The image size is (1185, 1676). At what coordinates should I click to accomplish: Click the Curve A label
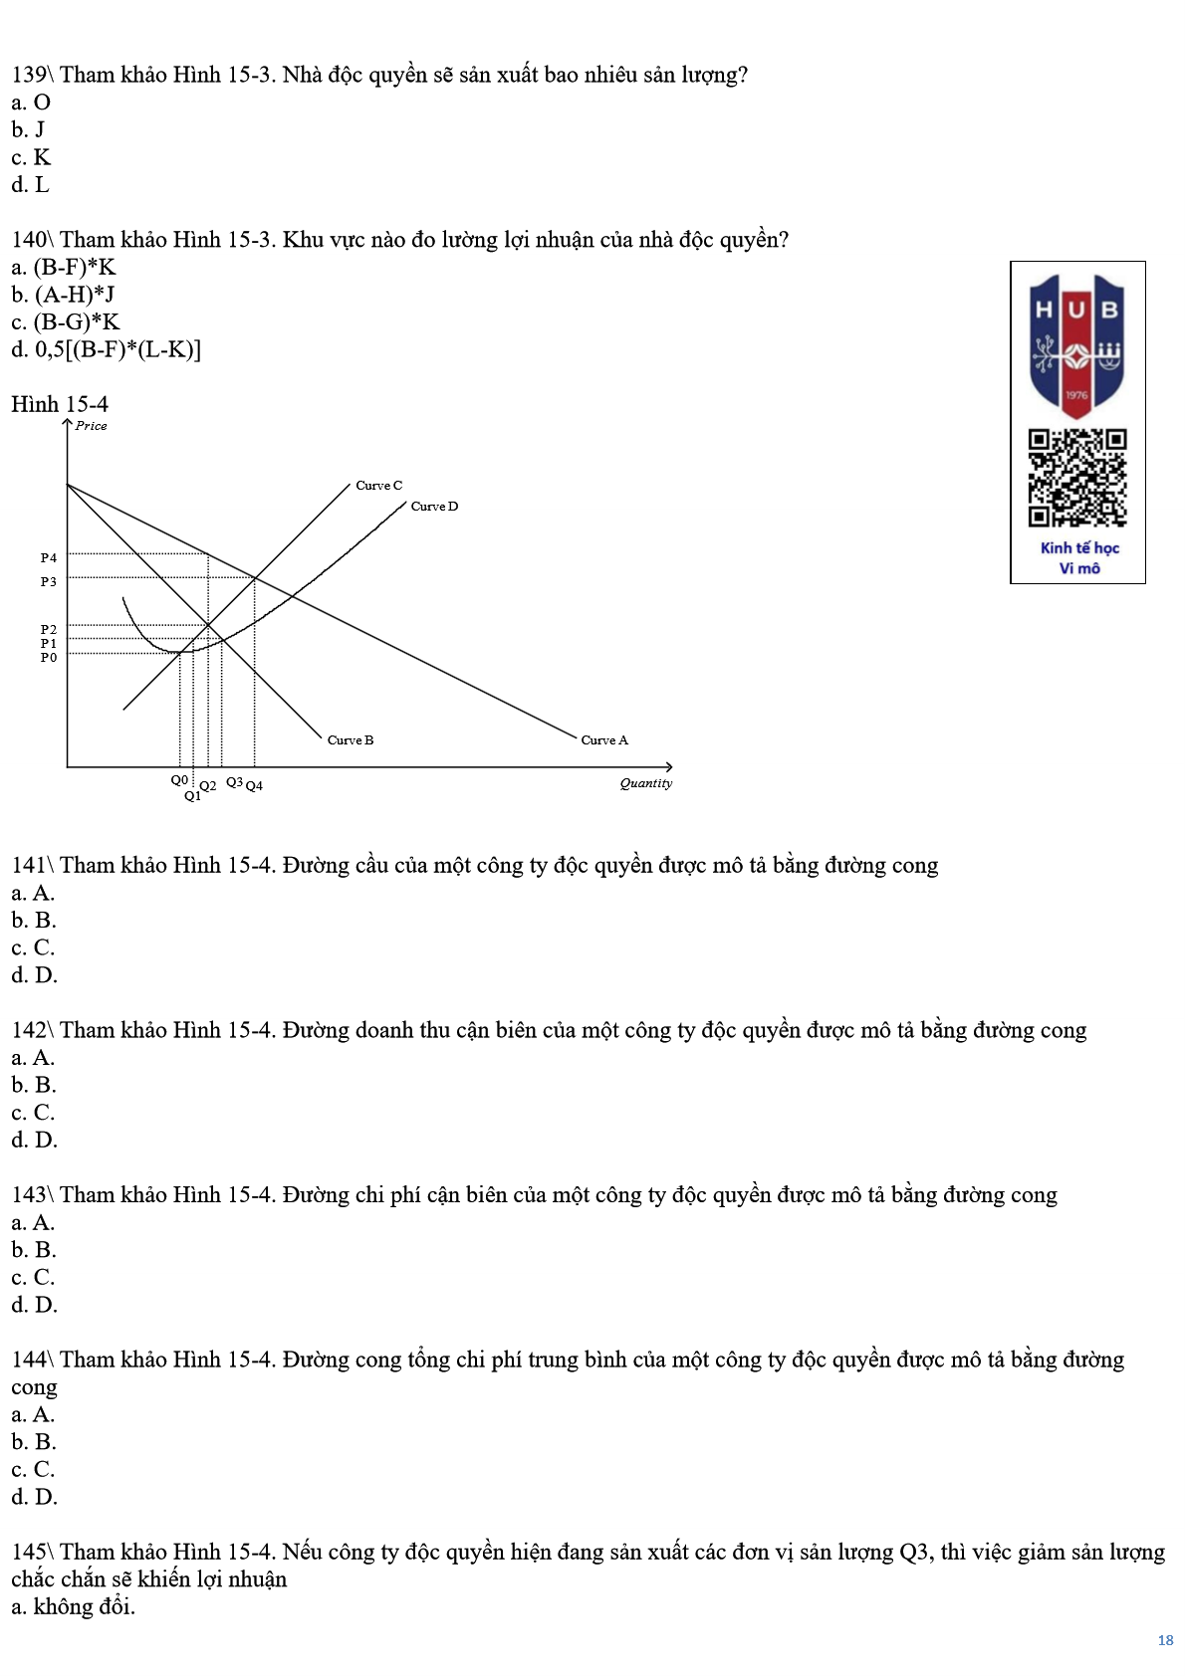click(604, 740)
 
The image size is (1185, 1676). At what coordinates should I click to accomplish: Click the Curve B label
click(351, 740)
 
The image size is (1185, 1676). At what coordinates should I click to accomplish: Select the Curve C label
click(379, 486)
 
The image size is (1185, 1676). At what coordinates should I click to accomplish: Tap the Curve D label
click(434, 507)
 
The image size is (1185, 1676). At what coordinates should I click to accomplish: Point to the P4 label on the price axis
click(49, 558)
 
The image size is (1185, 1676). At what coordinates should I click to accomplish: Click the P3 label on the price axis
click(49, 582)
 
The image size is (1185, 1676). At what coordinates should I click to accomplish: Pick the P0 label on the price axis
click(49, 658)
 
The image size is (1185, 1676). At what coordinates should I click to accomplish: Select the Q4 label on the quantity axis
click(254, 786)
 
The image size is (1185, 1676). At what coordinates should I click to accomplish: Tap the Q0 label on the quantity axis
click(179, 780)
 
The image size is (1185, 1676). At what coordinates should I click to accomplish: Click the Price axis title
click(91, 426)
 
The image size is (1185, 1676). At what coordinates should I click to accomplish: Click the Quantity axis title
click(645, 783)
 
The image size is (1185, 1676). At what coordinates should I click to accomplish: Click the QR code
click(1077, 478)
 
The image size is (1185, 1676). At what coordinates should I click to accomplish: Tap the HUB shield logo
click(1077, 343)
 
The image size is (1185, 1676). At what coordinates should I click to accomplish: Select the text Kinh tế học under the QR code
click(1079, 548)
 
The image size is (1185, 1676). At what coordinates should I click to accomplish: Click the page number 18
click(1165, 1640)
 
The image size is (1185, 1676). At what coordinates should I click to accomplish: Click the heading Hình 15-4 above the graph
click(60, 404)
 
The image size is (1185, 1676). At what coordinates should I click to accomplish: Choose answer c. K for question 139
click(31, 157)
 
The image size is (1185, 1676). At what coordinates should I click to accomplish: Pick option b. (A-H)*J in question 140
click(63, 295)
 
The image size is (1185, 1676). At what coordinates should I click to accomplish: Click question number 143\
click(33, 1195)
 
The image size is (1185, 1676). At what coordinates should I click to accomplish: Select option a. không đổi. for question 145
click(73, 1606)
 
